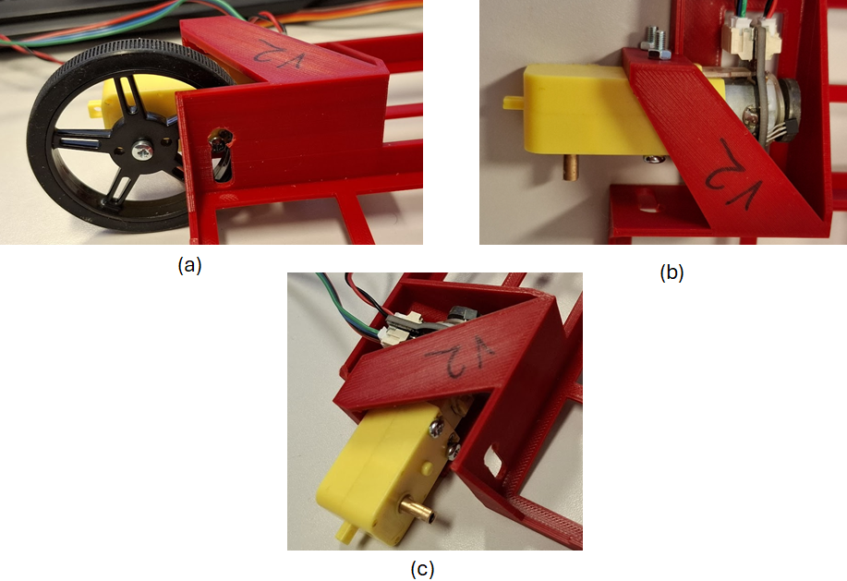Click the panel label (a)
click(189, 265)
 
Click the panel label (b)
click(672, 272)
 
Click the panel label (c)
click(422, 570)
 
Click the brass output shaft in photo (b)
click(571, 167)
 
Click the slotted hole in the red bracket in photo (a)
click(222, 157)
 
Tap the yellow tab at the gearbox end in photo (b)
click(514, 103)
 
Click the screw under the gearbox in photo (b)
click(652, 158)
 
